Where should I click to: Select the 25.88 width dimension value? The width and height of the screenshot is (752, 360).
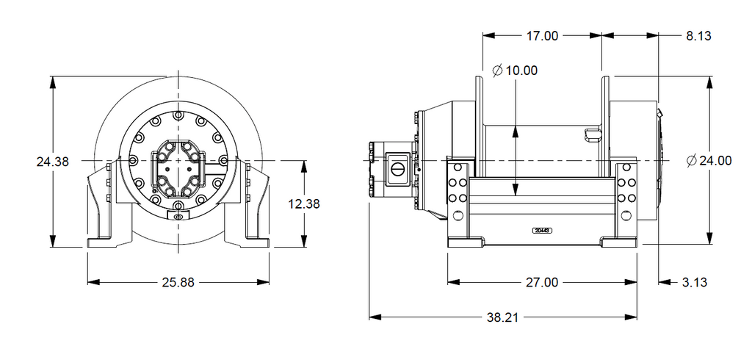tap(178, 282)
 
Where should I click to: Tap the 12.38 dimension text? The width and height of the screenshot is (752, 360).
tap(303, 204)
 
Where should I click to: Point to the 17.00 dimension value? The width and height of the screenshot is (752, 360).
tap(542, 35)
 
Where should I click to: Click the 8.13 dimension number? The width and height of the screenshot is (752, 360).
tap(699, 35)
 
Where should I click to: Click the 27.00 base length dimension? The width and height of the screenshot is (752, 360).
tap(542, 282)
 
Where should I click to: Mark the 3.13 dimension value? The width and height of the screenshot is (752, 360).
tap(693, 282)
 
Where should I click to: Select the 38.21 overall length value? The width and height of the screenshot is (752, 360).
tap(502, 317)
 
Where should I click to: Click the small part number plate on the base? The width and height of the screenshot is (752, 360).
tap(543, 230)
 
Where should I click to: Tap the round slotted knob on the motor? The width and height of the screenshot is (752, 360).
tap(397, 168)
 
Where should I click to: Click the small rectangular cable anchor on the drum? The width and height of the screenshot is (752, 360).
tap(591, 134)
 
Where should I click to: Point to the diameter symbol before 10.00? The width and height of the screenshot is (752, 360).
tap(497, 71)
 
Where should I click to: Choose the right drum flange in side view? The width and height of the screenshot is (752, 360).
tap(606, 125)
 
